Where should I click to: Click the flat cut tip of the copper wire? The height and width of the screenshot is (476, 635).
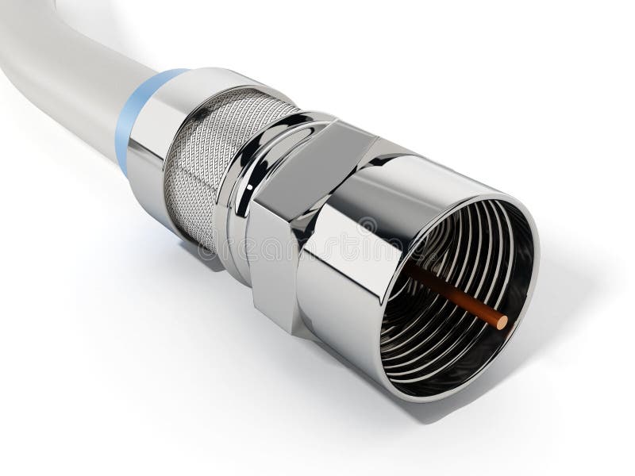point(501,321)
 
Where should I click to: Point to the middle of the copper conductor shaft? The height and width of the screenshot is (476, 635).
point(456,297)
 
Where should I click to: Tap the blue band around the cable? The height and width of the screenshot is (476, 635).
point(132,119)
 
